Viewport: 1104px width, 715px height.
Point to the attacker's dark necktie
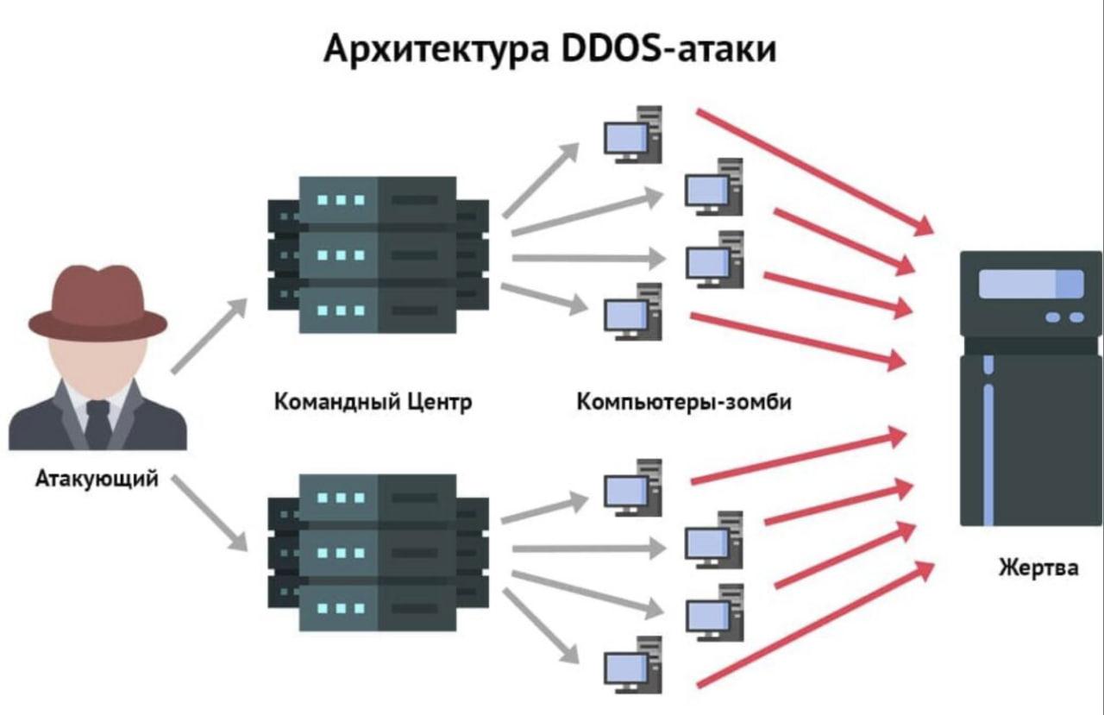(x=98, y=423)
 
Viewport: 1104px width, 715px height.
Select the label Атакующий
(x=97, y=479)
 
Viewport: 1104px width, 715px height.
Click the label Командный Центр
(x=373, y=402)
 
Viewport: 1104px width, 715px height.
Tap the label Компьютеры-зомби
(x=683, y=402)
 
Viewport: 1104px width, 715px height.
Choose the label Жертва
(x=1038, y=568)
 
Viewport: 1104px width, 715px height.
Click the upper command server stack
(x=378, y=254)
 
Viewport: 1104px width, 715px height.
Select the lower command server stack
(x=378, y=553)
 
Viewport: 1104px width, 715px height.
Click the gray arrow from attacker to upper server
(x=209, y=336)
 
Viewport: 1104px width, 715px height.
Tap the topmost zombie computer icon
(x=632, y=135)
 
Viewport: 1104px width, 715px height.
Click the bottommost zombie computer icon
(x=632, y=664)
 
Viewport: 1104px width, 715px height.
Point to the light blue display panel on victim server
(x=1031, y=284)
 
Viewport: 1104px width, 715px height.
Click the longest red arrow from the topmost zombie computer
(x=814, y=172)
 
